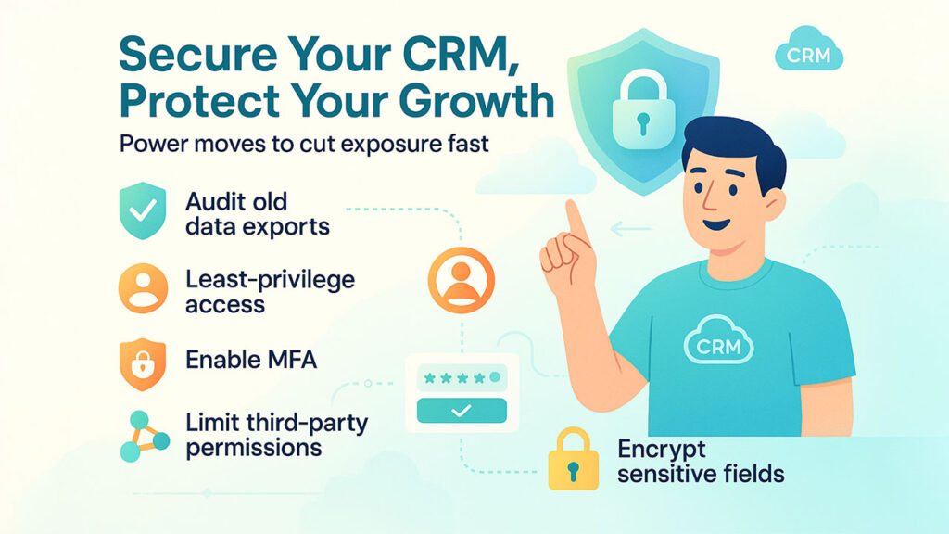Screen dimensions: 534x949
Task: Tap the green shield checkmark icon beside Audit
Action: click(x=142, y=211)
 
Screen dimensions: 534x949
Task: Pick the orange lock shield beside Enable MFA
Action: click(x=142, y=363)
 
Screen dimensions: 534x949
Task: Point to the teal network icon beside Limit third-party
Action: click(x=142, y=437)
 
